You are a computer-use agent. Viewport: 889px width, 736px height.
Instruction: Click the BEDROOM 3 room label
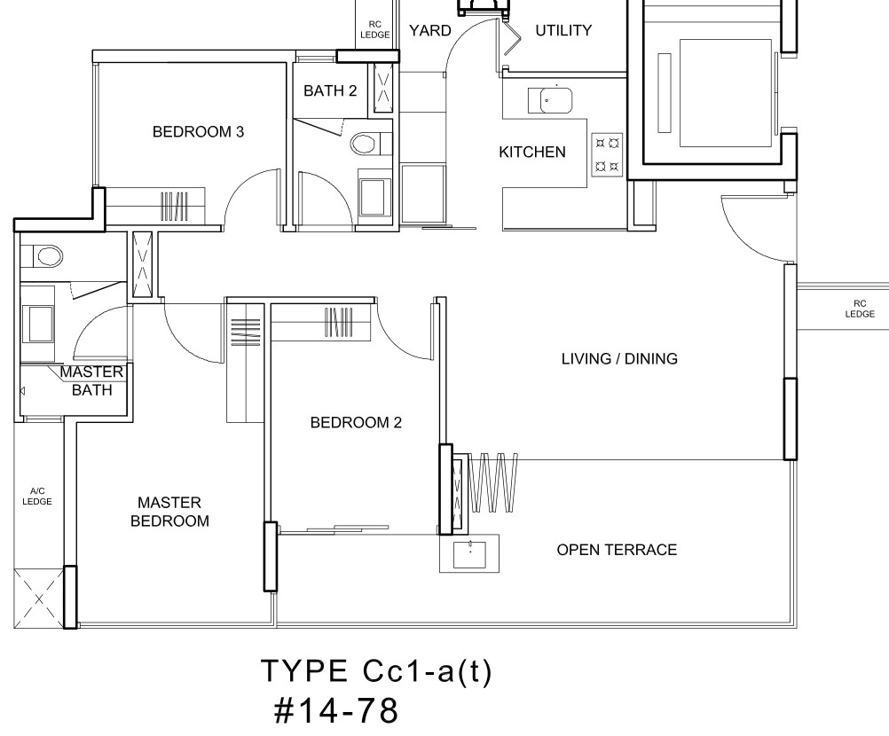198,132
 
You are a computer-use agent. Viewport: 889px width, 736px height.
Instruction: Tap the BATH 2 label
330,90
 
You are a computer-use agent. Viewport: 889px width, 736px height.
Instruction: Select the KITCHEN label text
531,152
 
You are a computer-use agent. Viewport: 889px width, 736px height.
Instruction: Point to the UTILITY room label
563,30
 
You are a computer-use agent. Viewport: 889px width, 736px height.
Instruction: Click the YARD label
430,30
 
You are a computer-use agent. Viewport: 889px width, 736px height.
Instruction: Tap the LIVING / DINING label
619,358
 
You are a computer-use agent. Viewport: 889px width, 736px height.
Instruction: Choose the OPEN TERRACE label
617,550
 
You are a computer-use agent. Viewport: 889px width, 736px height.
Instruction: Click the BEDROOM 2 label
356,422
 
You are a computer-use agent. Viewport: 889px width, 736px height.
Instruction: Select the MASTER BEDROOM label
169,512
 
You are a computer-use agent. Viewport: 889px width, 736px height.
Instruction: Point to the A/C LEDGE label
37,497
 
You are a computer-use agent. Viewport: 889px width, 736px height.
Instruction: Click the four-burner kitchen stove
607,154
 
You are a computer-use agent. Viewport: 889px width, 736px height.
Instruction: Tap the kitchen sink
549,101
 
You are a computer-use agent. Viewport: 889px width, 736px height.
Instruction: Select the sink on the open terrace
469,553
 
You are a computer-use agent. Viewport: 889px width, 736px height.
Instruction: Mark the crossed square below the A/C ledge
38,599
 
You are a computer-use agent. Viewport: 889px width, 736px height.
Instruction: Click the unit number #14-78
335,710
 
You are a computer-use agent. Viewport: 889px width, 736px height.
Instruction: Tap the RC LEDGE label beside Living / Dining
860,309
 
